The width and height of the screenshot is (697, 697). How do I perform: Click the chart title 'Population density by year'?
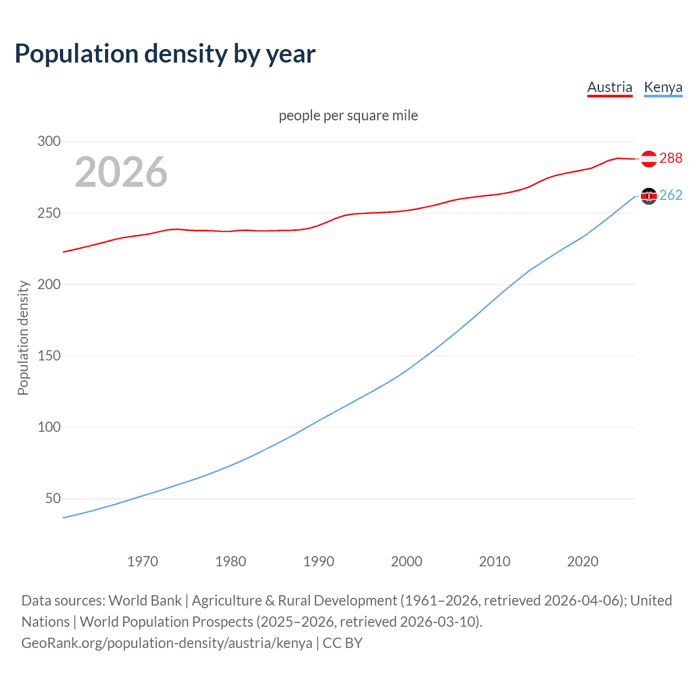point(165,54)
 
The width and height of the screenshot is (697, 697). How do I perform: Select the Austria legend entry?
point(609,88)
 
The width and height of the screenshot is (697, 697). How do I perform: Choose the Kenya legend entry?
point(663,88)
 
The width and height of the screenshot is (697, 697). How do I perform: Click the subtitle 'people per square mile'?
point(348,115)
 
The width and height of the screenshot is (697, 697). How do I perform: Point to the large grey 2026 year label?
point(121,172)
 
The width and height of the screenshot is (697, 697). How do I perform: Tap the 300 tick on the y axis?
point(49,142)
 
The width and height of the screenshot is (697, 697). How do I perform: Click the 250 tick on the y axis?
point(49,213)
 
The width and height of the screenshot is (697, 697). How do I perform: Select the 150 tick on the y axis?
point(49,356)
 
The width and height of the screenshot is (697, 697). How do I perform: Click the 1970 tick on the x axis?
point(143,561)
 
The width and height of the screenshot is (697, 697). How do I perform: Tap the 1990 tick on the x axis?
point(319,561)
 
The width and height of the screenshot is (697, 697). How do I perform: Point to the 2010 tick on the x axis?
point(494,561)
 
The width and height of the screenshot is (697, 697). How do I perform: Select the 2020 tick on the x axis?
point(583,561)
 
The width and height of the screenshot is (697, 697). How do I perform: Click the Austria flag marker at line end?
point(649,158)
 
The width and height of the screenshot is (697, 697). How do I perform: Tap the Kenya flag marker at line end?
point(649,195)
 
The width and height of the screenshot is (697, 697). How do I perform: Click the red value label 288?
point(670,158)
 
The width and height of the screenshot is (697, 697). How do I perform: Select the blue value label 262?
point(670,195)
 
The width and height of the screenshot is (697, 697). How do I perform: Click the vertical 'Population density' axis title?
point(23,338)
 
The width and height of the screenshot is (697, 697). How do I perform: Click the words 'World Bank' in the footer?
point(145,601)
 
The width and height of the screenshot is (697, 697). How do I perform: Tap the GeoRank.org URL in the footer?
point(167,643)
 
